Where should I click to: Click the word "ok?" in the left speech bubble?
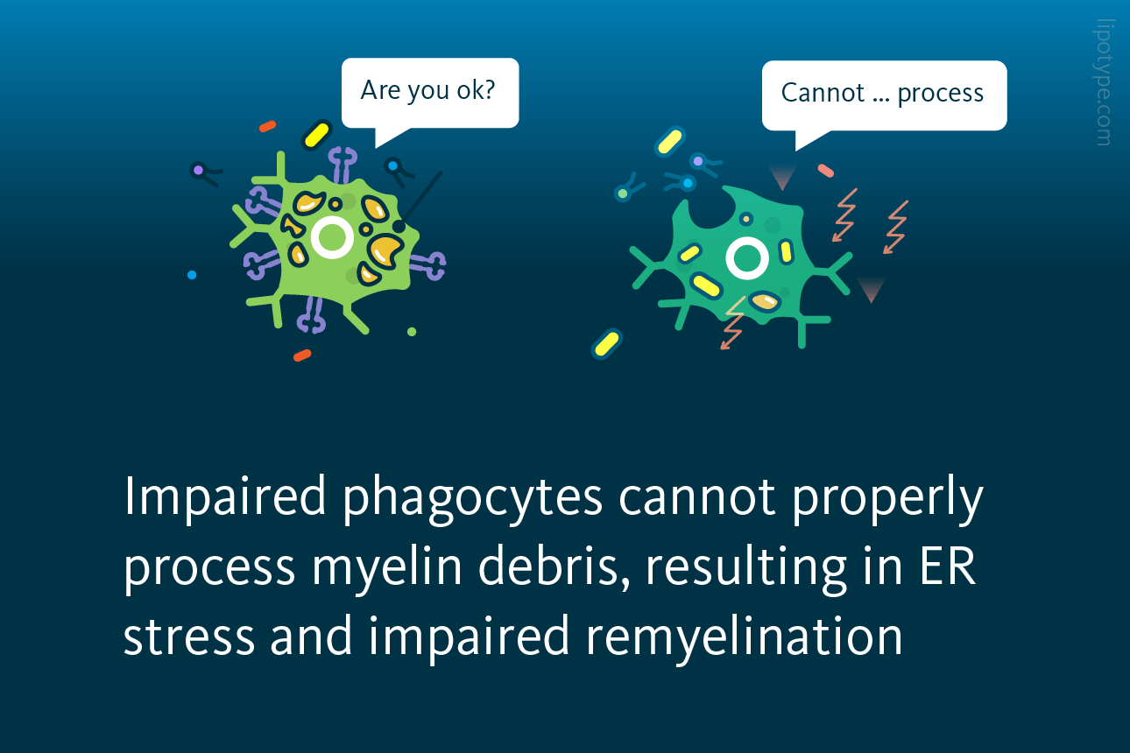(476, 90)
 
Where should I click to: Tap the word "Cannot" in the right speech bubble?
(823, 93)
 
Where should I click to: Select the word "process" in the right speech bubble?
(940, 95)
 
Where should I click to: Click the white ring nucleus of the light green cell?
(331, 237)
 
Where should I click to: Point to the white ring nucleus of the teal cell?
(747, 258)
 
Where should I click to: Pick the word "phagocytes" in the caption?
(473, 499)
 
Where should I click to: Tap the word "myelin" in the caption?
(387, 568)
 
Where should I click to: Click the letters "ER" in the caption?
(948, 567)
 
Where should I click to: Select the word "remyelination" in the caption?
(744, 637)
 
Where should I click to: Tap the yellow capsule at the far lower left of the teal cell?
(607, 344)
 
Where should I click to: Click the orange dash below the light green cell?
(302, 355)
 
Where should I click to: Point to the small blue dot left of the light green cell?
(192, 275)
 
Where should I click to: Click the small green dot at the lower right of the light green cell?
(412, 332)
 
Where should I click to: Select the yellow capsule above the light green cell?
(317, 135)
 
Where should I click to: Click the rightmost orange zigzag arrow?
(895, 227)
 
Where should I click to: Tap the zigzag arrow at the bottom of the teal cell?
(733, 323)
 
